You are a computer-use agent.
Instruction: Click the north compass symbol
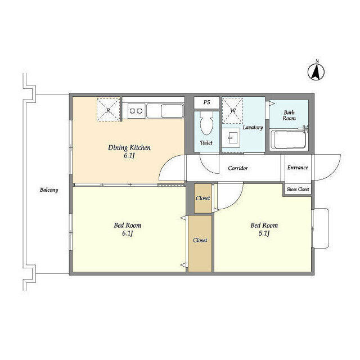[x=316, y=72]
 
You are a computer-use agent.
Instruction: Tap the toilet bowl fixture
[x=206, y=123]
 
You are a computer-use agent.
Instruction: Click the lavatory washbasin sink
[x=231, y=138]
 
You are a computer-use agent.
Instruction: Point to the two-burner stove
[x=136, y=111]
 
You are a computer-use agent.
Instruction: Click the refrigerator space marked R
[x=109, y=110]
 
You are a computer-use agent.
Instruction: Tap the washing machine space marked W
[x=232, y=111]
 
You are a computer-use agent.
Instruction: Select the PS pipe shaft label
[x=206, y=102]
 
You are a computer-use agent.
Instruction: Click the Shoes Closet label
[x=298, y=189]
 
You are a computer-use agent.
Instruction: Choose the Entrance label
[x=298, y=168]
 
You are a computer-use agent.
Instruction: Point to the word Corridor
[x=238, y=168]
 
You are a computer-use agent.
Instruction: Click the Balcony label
[x=49, y=190]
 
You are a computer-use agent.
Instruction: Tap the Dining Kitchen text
[x=129, y=147]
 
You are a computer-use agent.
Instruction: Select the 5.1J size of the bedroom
[x=264, y=233]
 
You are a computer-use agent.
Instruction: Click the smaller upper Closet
[x=203, y=198]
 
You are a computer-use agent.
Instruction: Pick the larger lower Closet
[x=200, y=244]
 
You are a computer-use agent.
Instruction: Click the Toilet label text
[x=206, y=142]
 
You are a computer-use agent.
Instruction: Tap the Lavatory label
[x=253, y=128]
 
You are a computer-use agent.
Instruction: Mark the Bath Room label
[x=289, y=115]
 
